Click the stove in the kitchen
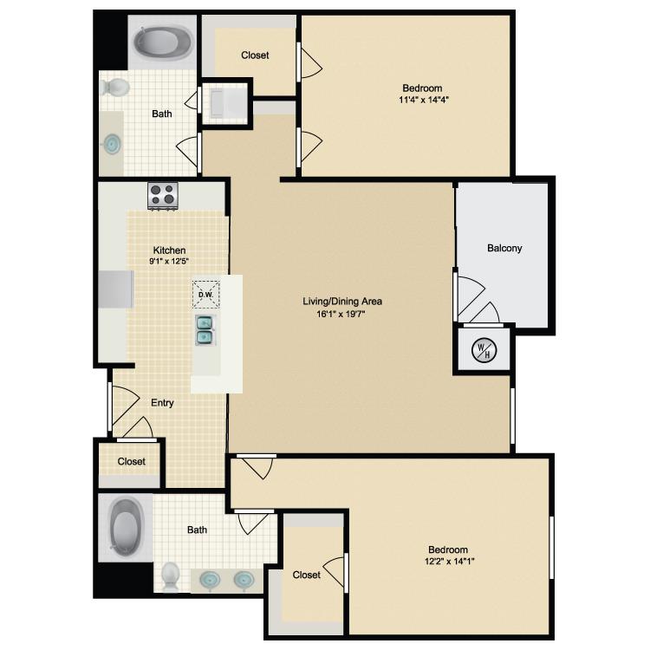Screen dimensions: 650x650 click(x=163, y=196)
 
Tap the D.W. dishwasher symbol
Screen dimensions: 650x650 click(x=205, y=295)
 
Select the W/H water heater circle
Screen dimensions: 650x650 click(x=484, y=350)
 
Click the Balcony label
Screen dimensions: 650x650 click(x=504, y=248)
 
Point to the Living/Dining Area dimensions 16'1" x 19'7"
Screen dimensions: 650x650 click(x=341, y=314)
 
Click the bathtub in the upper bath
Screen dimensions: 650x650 click(x=163, y=43)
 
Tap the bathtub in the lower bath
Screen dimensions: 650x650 click(x=125, y=527)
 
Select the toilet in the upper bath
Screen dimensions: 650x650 click(x=114, y=87)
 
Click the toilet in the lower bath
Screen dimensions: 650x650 click(x=170, y=576)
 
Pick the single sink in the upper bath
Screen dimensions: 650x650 click(x=112, y=144)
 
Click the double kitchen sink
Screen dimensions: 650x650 click(x=205, y=330)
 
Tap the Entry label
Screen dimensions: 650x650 click(x=162, y=403)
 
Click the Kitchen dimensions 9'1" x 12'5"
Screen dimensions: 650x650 click(x=169, y=261)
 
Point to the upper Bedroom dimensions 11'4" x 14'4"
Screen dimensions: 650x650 click(x=424, y=100)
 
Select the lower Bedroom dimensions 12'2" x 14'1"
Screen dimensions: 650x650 click(x=449, y=562)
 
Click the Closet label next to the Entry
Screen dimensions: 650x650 click(x=132, y=461)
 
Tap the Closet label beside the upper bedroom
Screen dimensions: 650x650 click(x=255, y=55)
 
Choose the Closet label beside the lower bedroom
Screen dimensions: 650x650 click(x=306, y=575)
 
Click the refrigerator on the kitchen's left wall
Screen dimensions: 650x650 click(x=116, y=289)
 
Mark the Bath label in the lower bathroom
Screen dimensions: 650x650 click(x=197, y=530)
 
